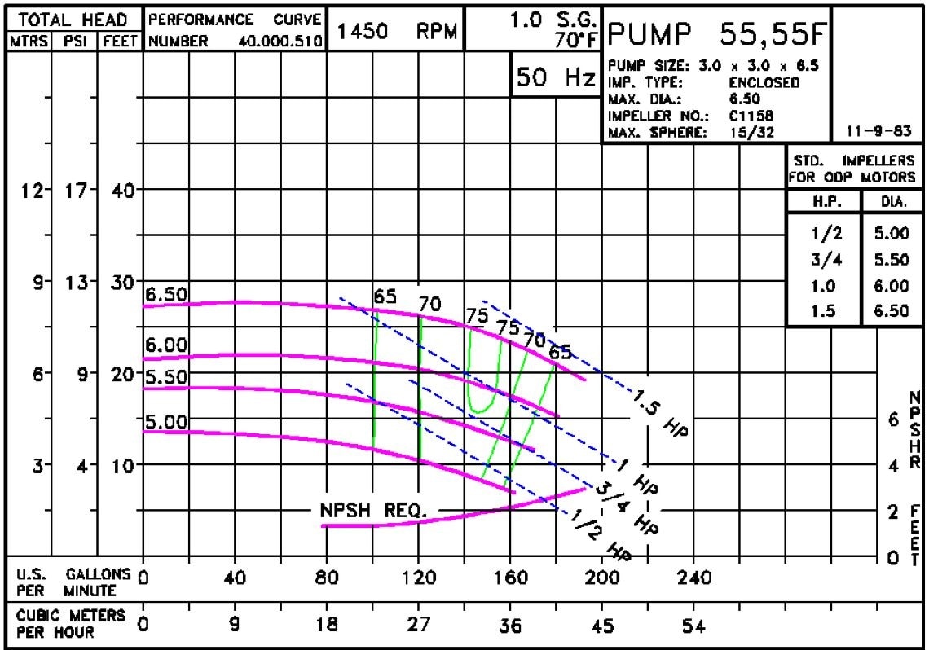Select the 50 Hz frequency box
point(556,77)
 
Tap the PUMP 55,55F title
point(717,33)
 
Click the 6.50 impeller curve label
point(166,295)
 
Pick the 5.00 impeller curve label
point(166,422)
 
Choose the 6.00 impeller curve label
point(166,345)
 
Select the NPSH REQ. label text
point(373,512)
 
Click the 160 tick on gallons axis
point(510,578)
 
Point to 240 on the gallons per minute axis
point(693,578)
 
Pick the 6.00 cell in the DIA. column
point(891,285)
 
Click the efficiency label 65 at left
point(384,296)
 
